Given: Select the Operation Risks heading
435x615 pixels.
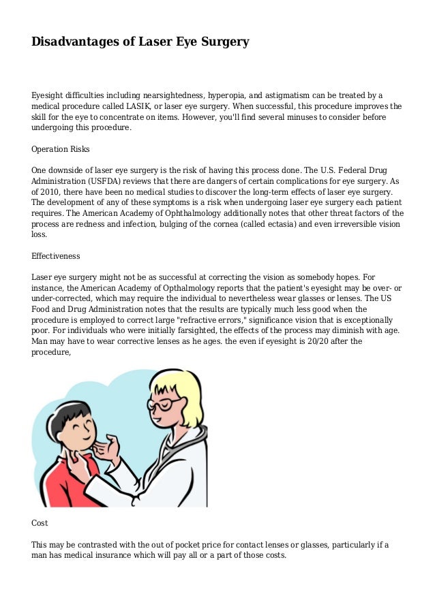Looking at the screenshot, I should point(61,149).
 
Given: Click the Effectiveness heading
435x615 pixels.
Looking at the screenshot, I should point(56,256).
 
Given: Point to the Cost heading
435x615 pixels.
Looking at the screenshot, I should point(40,523).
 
